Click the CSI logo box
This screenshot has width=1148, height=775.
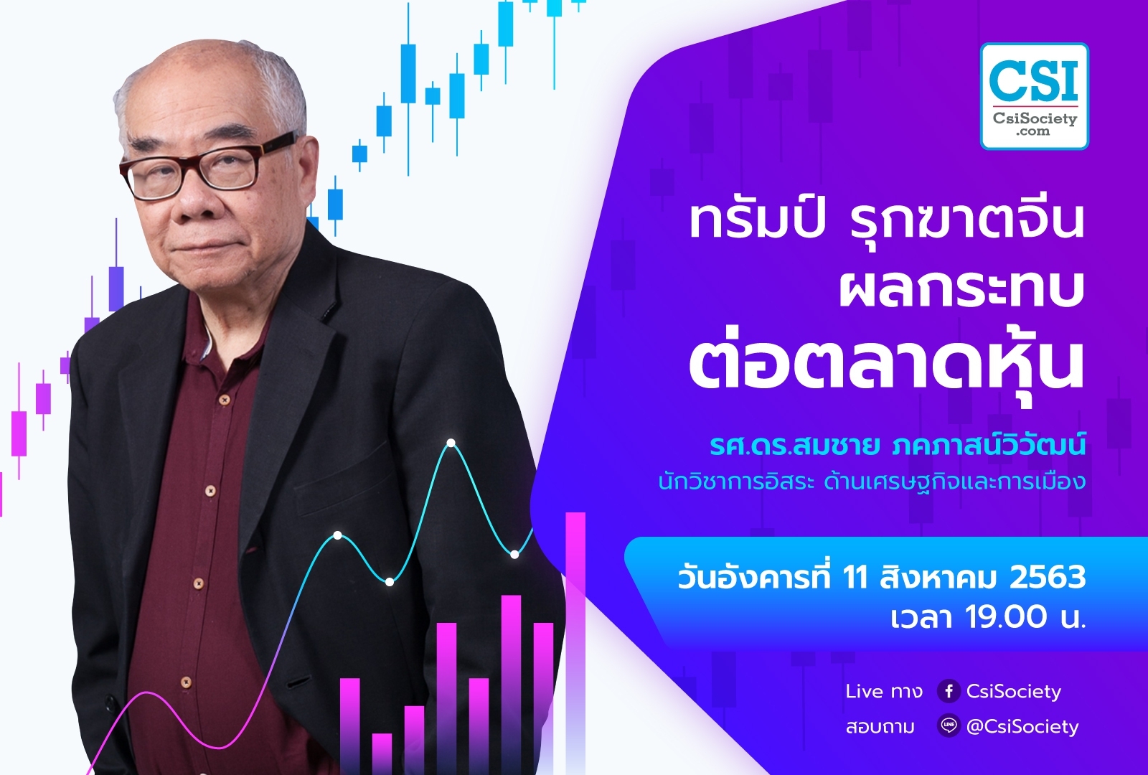pos(1034,96)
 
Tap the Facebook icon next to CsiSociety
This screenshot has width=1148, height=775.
pos(949,692)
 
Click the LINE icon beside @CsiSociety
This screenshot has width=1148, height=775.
pos(949,726)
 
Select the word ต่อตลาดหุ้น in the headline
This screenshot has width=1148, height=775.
pos(886,368)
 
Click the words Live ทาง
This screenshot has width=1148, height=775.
pos(884,692)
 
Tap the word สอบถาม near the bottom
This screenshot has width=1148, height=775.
pos(880,727)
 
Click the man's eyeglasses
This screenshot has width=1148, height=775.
pos(207,164)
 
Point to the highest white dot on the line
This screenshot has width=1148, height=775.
pos(451,443)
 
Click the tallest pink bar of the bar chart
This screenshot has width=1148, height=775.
pos(575,643)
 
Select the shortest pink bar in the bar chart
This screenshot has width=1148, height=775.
pos(382,754)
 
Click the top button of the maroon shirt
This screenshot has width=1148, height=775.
pos(223,400)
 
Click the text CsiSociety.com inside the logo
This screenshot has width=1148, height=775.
pos(1035,125)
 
